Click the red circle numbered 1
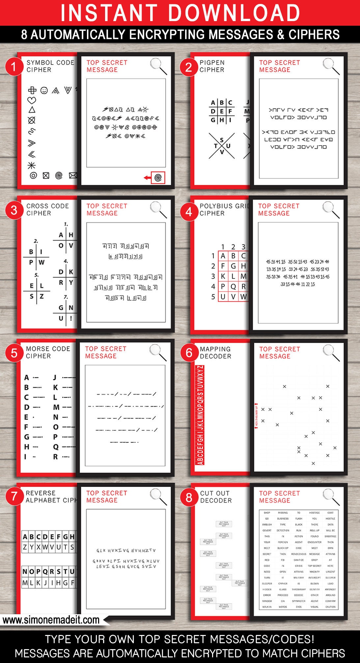(13, 67)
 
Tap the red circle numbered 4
(188, 211)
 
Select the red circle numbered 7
(14, 496)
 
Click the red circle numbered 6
(189, 353)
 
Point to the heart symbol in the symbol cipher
(32, 100)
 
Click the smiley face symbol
(44, 90)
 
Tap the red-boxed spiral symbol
(158, 178)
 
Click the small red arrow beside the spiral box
(147, 178)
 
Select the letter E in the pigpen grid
(222, 111)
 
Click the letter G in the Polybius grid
(233, 266)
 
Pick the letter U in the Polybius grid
(223, 297)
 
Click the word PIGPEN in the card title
(212, 63)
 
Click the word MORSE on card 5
(37, 349)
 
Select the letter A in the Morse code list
(27, 377)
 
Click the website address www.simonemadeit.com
(51, 620)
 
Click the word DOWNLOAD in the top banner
(235, 13)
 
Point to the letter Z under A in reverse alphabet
(25, 547)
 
